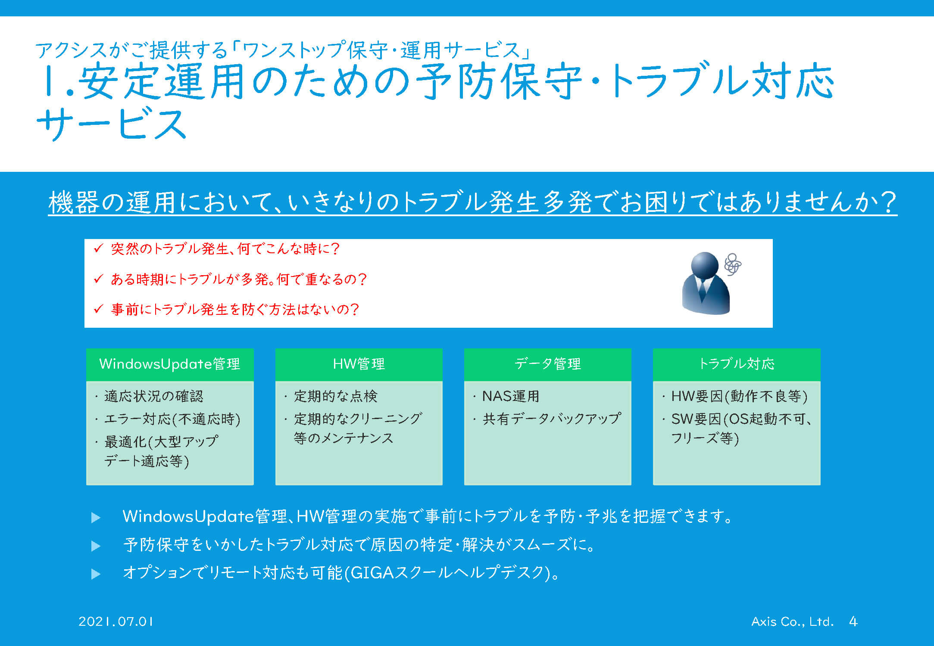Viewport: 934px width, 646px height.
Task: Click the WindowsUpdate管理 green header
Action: click(x=170, y=364)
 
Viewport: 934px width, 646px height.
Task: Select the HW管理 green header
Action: click(x=359, y=364)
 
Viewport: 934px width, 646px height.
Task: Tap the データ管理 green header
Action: click(x=547, y=364)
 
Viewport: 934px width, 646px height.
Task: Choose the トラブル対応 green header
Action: click(x=737, y=364)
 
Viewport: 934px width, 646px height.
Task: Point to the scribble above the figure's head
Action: click(x=733, y=264)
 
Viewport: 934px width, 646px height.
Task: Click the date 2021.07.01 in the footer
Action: click(x=116, y=621)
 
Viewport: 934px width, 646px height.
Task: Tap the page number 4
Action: click(x=853, y=621)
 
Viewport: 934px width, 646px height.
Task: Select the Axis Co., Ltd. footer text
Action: click(x=792, y=621)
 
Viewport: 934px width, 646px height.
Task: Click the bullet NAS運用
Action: click(x=511, y=396)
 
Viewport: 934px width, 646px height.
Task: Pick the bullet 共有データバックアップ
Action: click(x=552, y=419)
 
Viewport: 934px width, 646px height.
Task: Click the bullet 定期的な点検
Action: click(x=336, y=396)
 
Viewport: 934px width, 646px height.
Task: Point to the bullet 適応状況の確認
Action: click(x=154, y=396)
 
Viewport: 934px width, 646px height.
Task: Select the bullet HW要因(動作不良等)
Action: click(x=740, y=396)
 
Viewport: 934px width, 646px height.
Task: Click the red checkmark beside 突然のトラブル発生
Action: click(x=99, y=248)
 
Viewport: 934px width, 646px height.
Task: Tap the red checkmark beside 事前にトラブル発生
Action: click(x=99, y=309)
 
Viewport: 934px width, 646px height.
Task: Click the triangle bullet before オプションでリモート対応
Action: click(x=96, y=574)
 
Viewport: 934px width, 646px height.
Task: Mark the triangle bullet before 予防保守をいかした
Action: click(x=96, y=546)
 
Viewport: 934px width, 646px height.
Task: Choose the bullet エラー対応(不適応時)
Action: click(x=172, y=419)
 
